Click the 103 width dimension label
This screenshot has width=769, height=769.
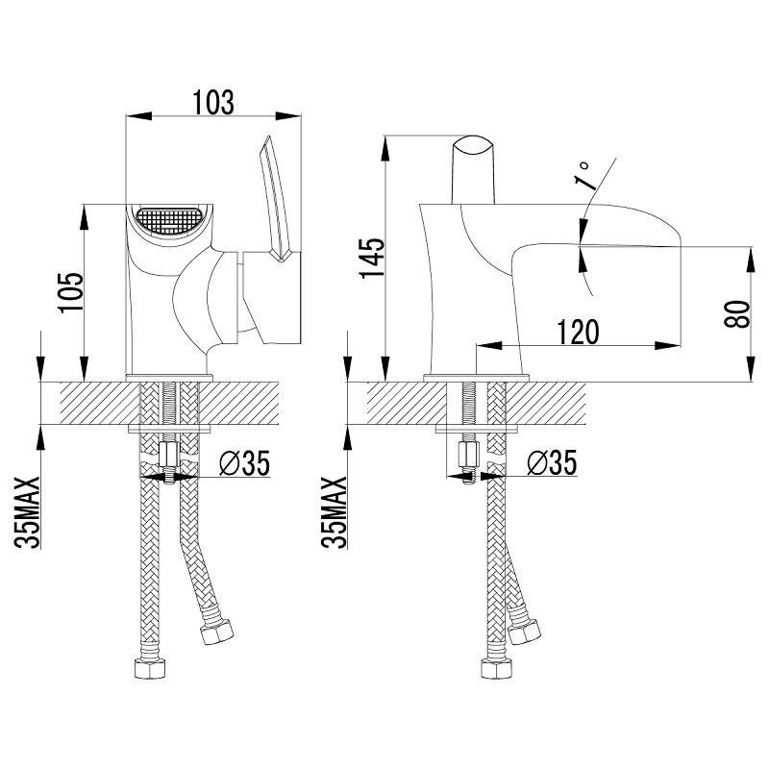tap(213, 102)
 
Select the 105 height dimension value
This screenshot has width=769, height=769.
tap(71, 292)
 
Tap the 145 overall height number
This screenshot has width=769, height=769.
tap(372, 259)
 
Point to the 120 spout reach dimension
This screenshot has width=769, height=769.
tap(579, 332)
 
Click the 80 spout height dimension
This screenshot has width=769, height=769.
tap(737, 314)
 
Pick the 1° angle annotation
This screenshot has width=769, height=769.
tap(584, 176)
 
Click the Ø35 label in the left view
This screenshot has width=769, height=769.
tap(245, 463)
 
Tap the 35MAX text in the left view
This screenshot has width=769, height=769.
tap(28, 512)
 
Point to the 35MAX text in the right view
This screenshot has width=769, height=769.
tap(335, 512)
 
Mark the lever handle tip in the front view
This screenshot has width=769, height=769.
tap(267, 136)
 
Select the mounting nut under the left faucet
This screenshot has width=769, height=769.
tap(170, 455)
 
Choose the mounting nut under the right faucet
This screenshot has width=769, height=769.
tap(468, 455)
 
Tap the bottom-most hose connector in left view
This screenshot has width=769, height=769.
tap(150, 668)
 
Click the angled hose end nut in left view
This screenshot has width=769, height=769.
tap(216, 633)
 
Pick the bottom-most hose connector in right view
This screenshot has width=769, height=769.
tap(497, 668)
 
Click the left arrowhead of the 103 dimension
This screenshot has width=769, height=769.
tap(137, 116)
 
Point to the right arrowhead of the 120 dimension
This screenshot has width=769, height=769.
tap(668, 346)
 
